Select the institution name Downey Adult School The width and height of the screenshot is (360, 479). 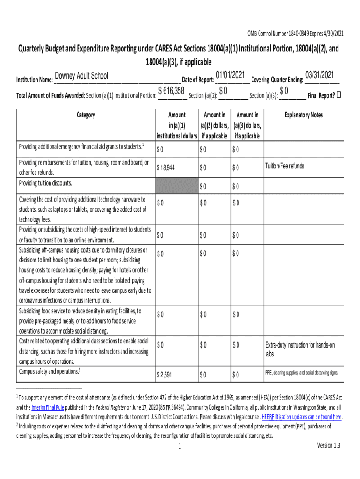pyautogui.click(x=81, y=76)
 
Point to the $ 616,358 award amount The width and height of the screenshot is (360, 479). pyautogui.click(x=171, y=90)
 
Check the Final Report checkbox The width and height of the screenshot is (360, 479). pyautogui.click(x=339, y=95)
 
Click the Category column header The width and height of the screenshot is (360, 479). pyautogui.click(x=86, y=115)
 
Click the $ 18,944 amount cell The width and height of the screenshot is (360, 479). pyautogui.click(x=166, y=167)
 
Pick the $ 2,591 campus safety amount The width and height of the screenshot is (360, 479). pyautogui.click(x=165, y=375)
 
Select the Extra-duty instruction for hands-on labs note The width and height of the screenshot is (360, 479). pyautogui.click(x=300, y=349)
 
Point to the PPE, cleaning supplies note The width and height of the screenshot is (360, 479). pyautogui.click(x=301, y=373)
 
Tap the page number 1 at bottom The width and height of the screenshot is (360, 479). pyautogui.click(x=180, y=447)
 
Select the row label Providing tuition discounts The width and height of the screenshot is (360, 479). pyautogui.click(x=45, y=183)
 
